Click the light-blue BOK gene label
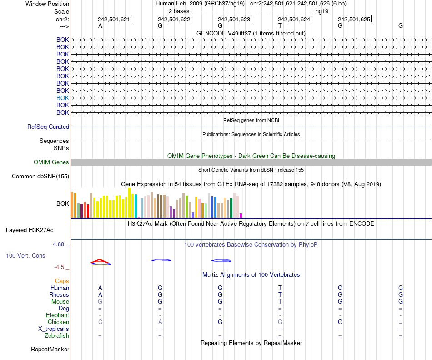click(63, 98)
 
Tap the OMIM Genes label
click(51, 162)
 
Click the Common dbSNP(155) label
click(40, 177)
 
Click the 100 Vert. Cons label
click(25, 256)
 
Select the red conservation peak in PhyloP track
click(100, 261)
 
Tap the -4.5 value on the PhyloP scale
click(59, 267)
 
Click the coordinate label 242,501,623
click(234, 20)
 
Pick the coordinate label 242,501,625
click(354, 20)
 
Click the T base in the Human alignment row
click(280, 288)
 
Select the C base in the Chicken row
click(100, 322)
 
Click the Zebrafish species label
click(57, 336)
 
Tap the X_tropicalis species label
click(54, 329)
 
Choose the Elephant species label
click(57, 315)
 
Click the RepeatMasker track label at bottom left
click(50, 350)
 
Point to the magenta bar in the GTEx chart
click(241, 215)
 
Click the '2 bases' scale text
click(179, 11)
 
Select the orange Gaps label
click(62, 281)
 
